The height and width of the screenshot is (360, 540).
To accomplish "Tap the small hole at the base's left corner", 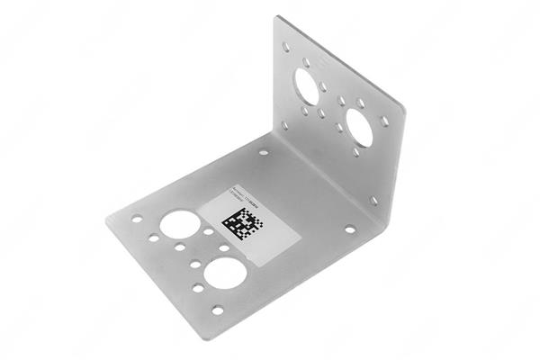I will coord(137,218).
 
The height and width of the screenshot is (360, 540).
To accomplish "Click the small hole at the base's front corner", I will coord(217,310).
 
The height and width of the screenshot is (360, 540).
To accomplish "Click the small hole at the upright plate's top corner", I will coord(285,44).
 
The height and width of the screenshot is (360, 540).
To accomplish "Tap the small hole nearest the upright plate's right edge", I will coord(384,120).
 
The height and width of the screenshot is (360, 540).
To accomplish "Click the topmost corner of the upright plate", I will coord(279,16).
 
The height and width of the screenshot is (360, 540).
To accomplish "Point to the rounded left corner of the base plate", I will coord(111,219).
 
